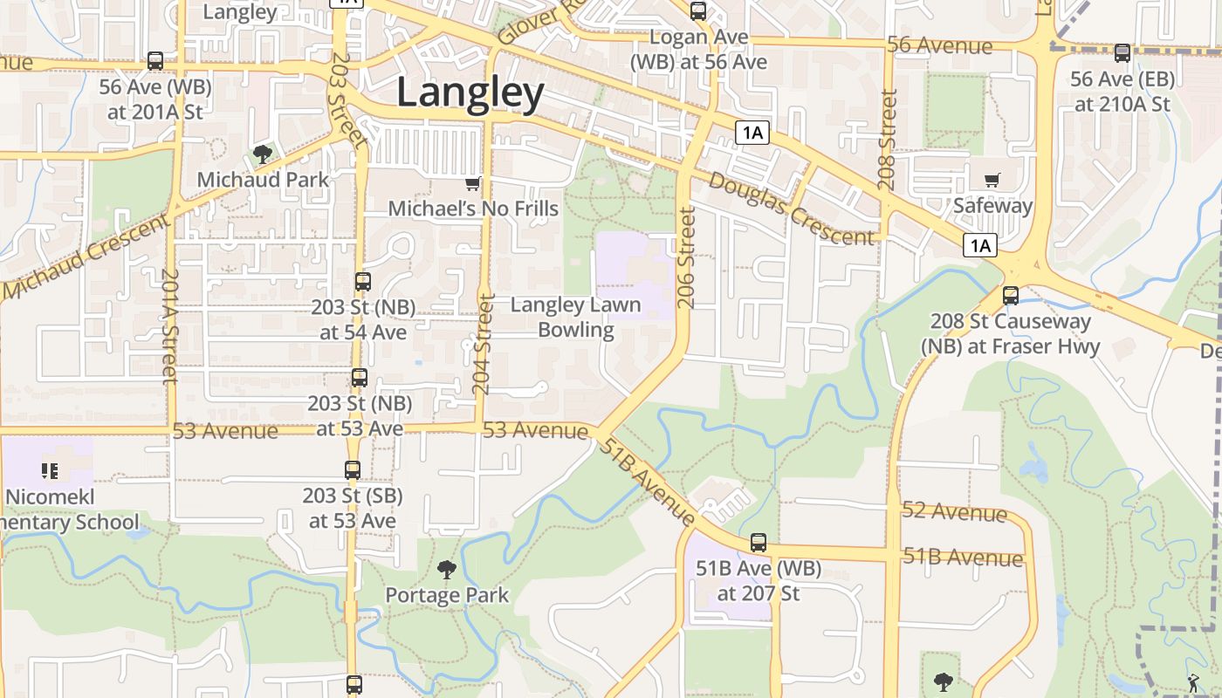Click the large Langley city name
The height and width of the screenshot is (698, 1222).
pyautogui.click(x=470, y=92)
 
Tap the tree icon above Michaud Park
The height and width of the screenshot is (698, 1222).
pyautogui.click(x=262, y=155)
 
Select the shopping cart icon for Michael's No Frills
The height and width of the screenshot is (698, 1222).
pyautogui.click(x=472, y=183)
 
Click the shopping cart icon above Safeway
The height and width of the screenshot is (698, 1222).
pyautogui.click(x=992, y=181)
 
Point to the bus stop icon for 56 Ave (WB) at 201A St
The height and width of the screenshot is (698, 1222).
pyautogui.click(x=155, y=61)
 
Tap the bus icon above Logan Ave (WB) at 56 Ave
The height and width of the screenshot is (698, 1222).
pyautogui.click(x=698, y=11)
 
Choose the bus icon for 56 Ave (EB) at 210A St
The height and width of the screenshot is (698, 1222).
pyautogui.click(x=1122, y=53)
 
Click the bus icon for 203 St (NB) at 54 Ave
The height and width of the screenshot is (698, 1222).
pyautogui.click(x=363, y=282)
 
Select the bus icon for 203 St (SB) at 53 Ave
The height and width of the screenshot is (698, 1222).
pyautogui.click(x=353, y=470)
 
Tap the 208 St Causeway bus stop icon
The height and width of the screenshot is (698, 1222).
pyautogui.click(x=1011, y=296)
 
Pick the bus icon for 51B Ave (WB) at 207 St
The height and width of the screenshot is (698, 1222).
pyautogui.click(x=759, y=543)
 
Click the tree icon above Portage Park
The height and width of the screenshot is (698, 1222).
pyautogui.click(x=447, y=571)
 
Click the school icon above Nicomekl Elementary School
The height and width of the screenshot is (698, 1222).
pyautogui.click(x=50, y=471)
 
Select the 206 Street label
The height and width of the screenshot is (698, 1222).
pyautogui.click(x=686, y=257)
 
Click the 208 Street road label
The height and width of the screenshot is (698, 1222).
pyautogui.click(x=889, y=140)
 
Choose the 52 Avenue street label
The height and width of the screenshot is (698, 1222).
pyautogui.click(x=954, y=511)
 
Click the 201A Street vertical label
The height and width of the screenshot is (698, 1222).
pyautogui.click(x=169, y=325)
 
